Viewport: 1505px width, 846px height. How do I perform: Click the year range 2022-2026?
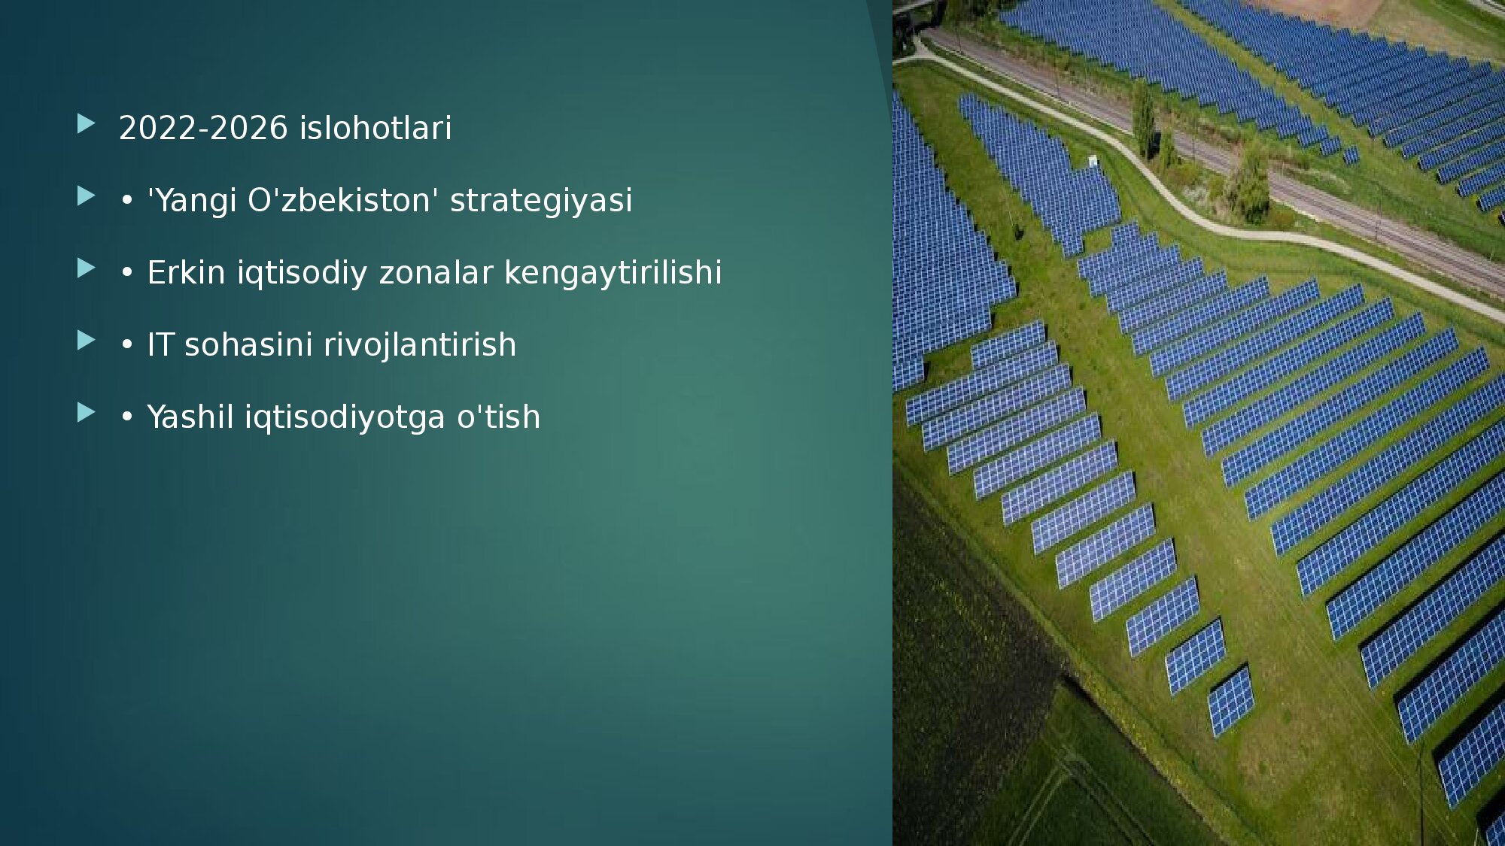(x=203, y=128)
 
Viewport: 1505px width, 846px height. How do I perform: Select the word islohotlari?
(x=375, y=128)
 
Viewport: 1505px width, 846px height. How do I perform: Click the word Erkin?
(x=186, y=272)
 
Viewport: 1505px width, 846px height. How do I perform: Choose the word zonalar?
(x=436, y=272)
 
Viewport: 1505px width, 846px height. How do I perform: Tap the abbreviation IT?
(x=160, y=345)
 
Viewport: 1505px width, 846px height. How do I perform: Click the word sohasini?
(x=248, y=345)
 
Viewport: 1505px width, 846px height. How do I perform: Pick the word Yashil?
(x=190, y=417)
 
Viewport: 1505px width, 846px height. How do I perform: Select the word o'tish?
(x=498, y=417)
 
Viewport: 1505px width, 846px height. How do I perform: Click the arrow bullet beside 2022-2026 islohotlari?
(x=86, y=124)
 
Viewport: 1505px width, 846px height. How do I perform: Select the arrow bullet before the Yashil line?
(x=86, y=413)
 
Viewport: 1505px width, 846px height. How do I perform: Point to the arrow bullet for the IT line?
(x=86, y=341)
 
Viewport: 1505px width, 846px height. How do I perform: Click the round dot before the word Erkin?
(x=126, y=273)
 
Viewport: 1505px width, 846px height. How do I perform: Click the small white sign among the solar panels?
(x=1093, y=160)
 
